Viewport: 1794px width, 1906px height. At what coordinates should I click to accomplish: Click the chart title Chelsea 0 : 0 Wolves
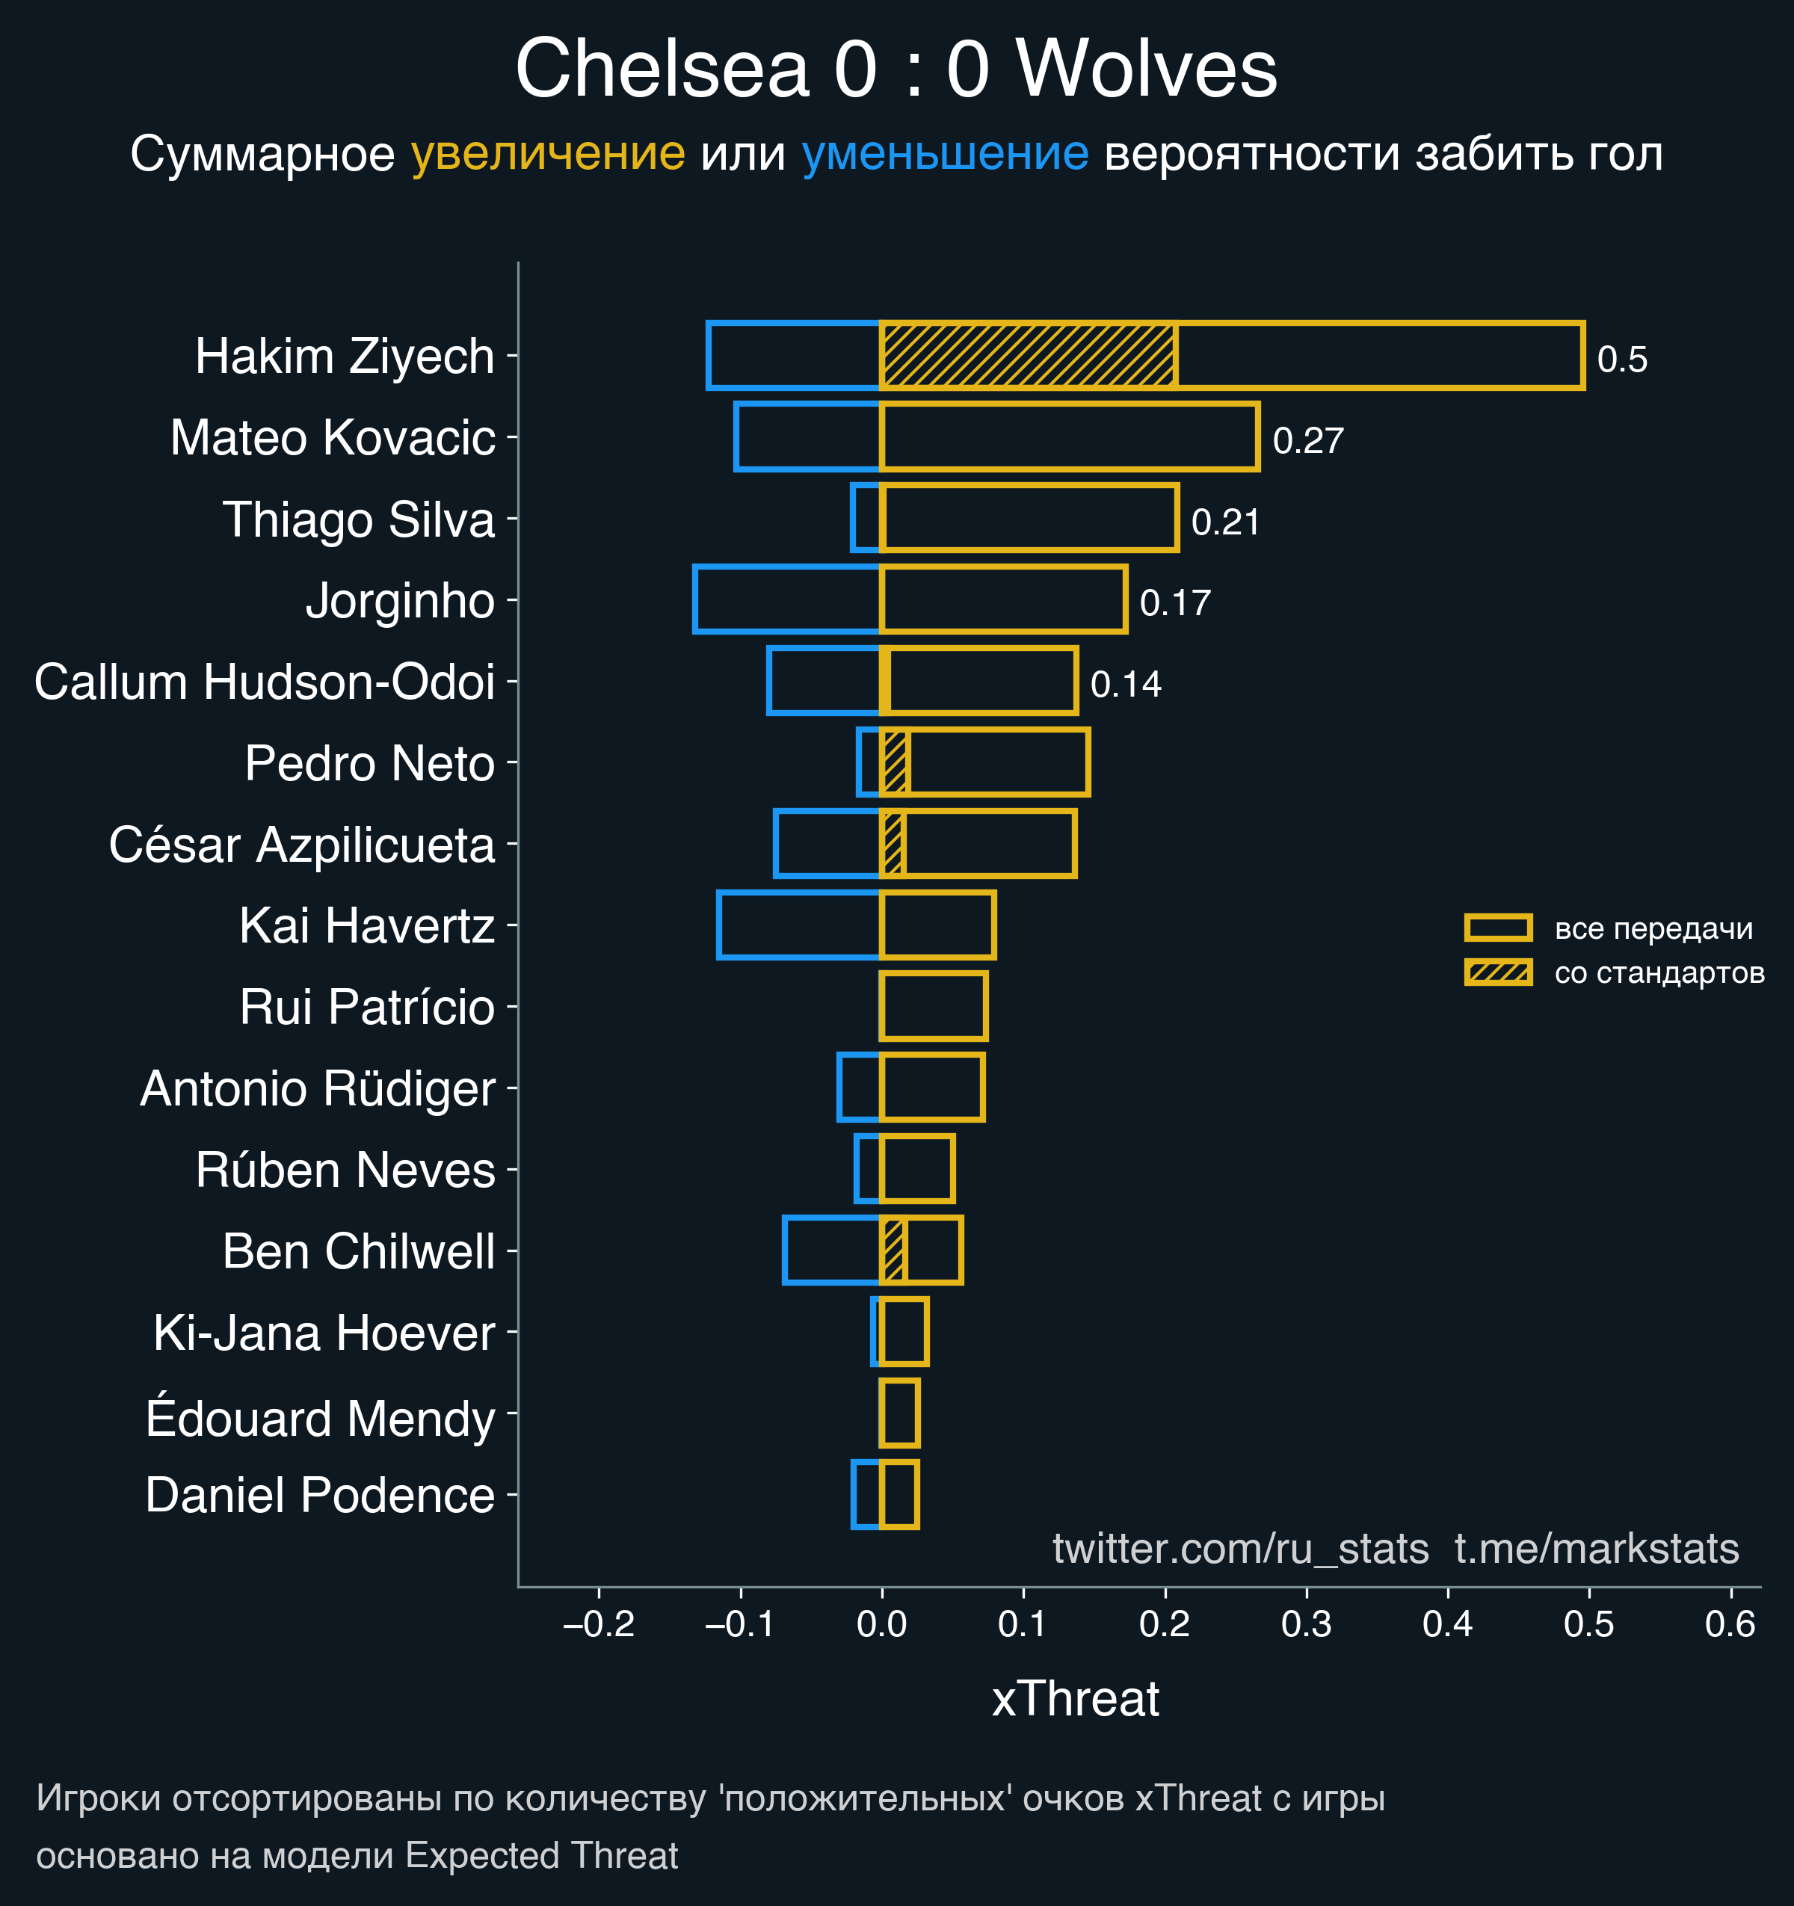click(896, 69)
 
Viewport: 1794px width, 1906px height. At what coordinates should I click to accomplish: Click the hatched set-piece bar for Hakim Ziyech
click(1028, 356)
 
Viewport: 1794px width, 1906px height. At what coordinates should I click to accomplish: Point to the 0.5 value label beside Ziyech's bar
click(1621, 360)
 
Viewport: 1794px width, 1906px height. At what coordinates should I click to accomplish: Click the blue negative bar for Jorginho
click(787, 599)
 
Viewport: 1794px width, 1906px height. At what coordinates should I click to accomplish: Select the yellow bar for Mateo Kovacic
click(1069, 437)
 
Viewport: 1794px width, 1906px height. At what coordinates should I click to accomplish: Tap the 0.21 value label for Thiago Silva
click(1224, 522)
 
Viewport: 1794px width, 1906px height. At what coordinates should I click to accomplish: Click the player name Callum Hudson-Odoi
click(265, 682)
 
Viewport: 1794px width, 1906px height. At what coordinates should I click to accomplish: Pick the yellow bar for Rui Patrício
click(933, 1006)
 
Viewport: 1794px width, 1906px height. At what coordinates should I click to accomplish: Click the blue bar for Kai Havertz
click(799, 925)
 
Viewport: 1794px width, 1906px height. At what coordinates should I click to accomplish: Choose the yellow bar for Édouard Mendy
click(899, 1413)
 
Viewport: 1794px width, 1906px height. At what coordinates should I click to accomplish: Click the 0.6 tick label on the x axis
click(1730, 1624)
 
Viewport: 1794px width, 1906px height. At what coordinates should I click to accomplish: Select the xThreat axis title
click(1075, 1698)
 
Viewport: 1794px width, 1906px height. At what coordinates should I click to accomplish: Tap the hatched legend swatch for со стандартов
click(1498, 972)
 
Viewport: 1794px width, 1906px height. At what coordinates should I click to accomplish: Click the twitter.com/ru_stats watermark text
click(1240, 1549)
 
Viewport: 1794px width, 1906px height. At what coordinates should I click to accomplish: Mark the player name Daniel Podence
click(320, 1495)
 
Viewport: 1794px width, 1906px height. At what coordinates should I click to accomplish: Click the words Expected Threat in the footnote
click(542, 1855)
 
